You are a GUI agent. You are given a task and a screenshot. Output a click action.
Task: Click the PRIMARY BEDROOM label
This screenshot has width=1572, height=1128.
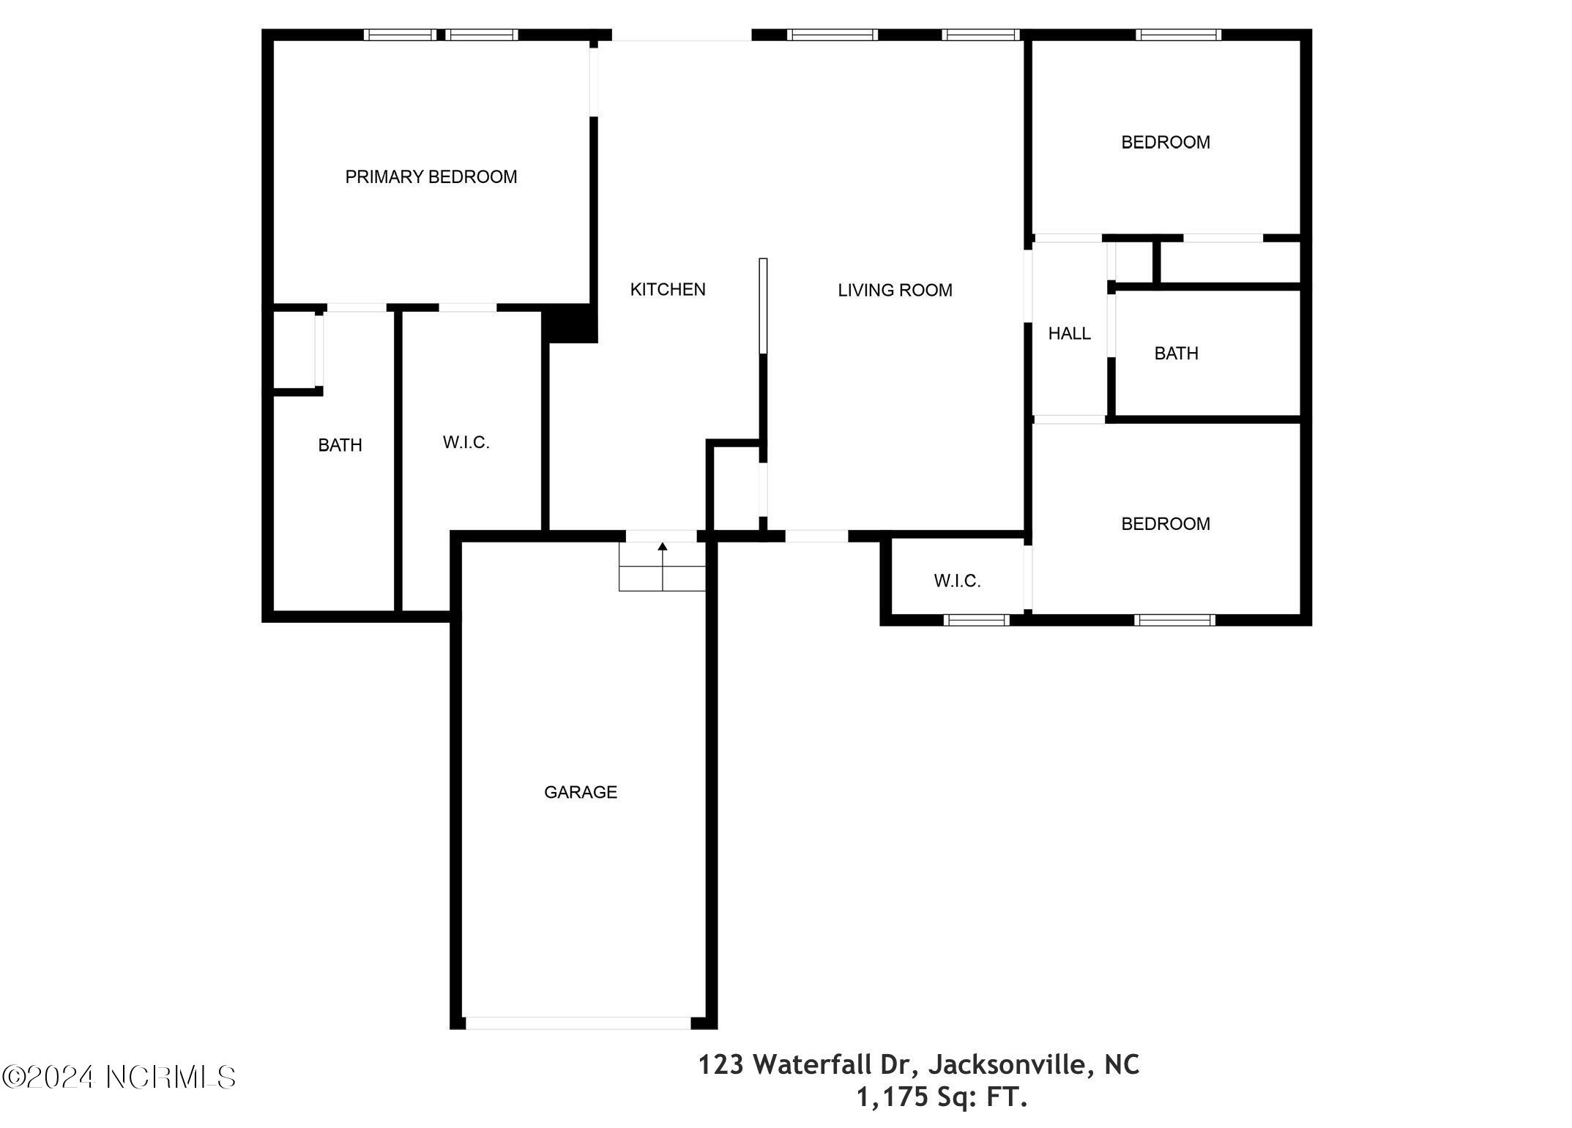pos(431,177)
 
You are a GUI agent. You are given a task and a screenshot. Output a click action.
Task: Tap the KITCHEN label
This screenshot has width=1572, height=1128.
pos(668,290)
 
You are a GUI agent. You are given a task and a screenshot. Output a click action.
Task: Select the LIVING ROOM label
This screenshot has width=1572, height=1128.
pos(895,291)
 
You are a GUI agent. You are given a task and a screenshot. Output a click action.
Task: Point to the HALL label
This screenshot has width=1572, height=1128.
pos(1069,334)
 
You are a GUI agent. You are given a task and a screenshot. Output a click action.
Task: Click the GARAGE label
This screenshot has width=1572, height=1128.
pos(581,792)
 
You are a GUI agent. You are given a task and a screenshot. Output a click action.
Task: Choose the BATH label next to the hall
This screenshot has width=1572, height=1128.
pos(1176,354)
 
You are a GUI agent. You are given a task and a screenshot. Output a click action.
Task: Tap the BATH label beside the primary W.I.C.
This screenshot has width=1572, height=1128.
pos(340,445)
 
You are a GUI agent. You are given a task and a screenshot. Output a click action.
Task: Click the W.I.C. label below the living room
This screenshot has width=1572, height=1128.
pos(957,581)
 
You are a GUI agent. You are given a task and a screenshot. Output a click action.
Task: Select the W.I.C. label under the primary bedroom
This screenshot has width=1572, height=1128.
pos(466,443)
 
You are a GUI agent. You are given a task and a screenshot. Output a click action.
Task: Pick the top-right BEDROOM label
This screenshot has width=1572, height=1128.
pos(1166,142)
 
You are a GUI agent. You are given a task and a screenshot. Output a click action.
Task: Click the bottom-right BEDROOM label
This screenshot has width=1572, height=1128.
pos(1166,524)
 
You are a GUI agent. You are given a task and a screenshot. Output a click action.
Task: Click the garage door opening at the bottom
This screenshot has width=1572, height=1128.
pos(578,1023)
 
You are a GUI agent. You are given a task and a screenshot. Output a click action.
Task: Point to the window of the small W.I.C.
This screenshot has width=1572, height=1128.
pos(976,620)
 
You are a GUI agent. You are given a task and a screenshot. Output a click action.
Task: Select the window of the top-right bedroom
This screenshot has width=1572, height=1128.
pos(1178,34)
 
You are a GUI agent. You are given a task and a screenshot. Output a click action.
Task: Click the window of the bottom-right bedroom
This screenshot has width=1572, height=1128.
pos(1174,620)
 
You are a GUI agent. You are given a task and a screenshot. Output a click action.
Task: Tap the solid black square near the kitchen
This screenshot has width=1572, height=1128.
pos(570,324)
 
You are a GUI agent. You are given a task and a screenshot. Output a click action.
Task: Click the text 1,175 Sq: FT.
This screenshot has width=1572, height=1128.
pos(942,1097)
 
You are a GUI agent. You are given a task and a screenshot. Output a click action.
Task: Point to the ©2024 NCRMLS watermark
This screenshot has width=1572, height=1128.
pos(119,1077)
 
